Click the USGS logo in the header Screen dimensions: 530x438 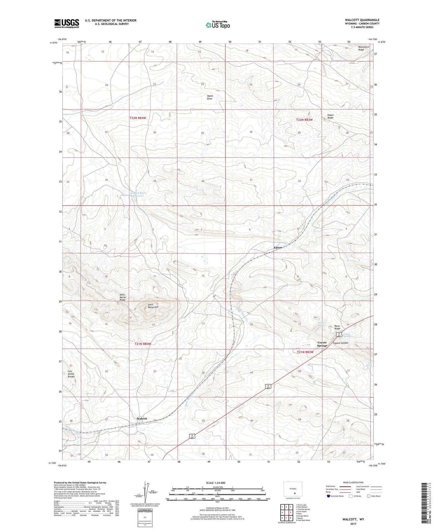coord(67,23)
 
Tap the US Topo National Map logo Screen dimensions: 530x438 coord(218,25)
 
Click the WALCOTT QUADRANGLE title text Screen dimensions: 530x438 coord(362,20)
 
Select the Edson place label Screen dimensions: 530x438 coord(278,248)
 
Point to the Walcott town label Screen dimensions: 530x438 coord(142,419)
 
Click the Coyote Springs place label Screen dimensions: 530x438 coord(322,344)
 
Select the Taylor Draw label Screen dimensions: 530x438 coord(210,97)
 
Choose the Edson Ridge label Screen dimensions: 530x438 coord(330,116)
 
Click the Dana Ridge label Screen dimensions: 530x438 coord(337,327)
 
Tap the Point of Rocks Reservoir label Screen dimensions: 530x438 coord(138,194)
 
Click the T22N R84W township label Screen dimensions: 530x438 coord(138,118)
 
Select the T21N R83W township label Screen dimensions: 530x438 coord(305,352)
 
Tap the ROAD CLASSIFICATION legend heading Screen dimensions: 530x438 coord(353,482)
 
